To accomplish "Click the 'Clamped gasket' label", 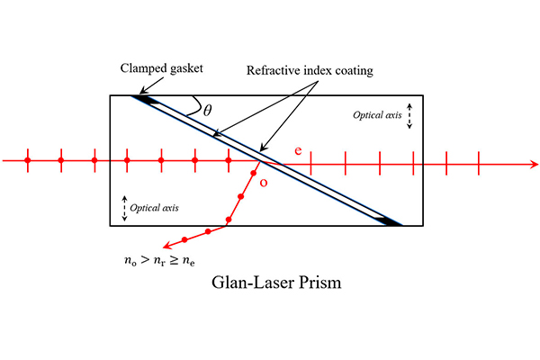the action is pyautogui.click(x=161, y=68).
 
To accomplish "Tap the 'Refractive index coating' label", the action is pyautogui.click(x=310, y=70).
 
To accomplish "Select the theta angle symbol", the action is pyautogui.click(x=207, y=111).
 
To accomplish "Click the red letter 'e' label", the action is pyautogui.click(x=298, y=151).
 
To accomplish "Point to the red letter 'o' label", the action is pyautogui.click(x=264, y=183).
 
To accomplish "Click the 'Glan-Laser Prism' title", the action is pyautogui.click(x=276, y=283).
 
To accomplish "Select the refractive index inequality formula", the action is pyautogui.click(x=159, y=261).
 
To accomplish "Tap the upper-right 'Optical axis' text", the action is pyautogui.click(x=377, y=115).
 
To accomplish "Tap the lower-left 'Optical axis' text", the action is pyautogui.click(x=154, y=208).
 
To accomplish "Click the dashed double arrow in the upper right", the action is pyautogui.click(x=409, y=116).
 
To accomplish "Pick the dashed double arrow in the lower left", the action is pyautogui.click(x=125, y=209).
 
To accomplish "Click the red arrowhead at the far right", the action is pyautogui.click(x=534, y=164).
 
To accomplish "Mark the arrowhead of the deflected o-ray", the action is pyautogui.click(x=167, y=246).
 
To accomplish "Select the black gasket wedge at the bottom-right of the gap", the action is pyautogui.click(x=389, y=221).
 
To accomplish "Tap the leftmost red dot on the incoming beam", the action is pyautogui.click(x=28, y=160).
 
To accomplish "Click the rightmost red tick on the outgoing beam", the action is pyautogui.click(x=479, y=163).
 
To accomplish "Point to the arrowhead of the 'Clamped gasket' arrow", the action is pyautogui.click(x=142, y=91).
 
